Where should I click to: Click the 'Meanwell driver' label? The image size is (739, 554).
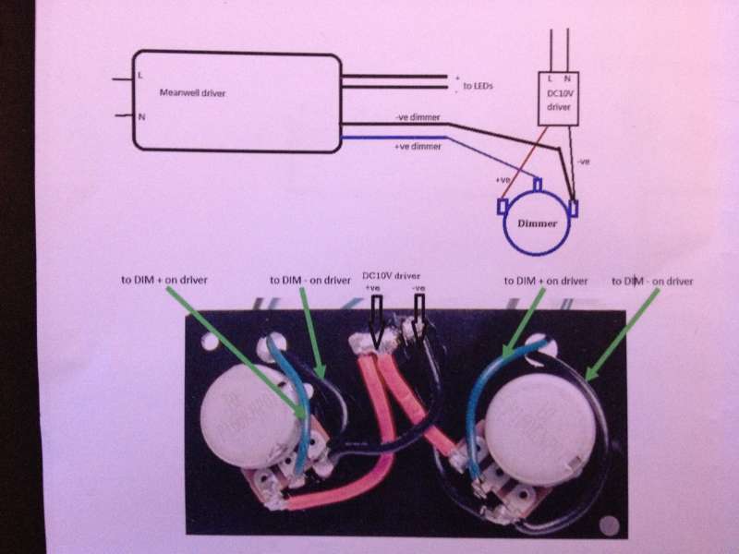[x=192, y=93]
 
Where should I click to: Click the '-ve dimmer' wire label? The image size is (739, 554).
[x=418, y=118]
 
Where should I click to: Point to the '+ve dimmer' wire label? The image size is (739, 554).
[x=418, y=147]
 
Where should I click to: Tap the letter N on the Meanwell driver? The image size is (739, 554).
[x=141, y=117]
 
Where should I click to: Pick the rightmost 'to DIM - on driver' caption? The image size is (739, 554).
[x=652, y=279]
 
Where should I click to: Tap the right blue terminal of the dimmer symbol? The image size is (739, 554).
[x=575, y=207]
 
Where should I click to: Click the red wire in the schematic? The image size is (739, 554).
[x=525, y=157]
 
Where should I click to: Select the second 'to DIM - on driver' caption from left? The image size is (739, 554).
[x=309, y=280]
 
